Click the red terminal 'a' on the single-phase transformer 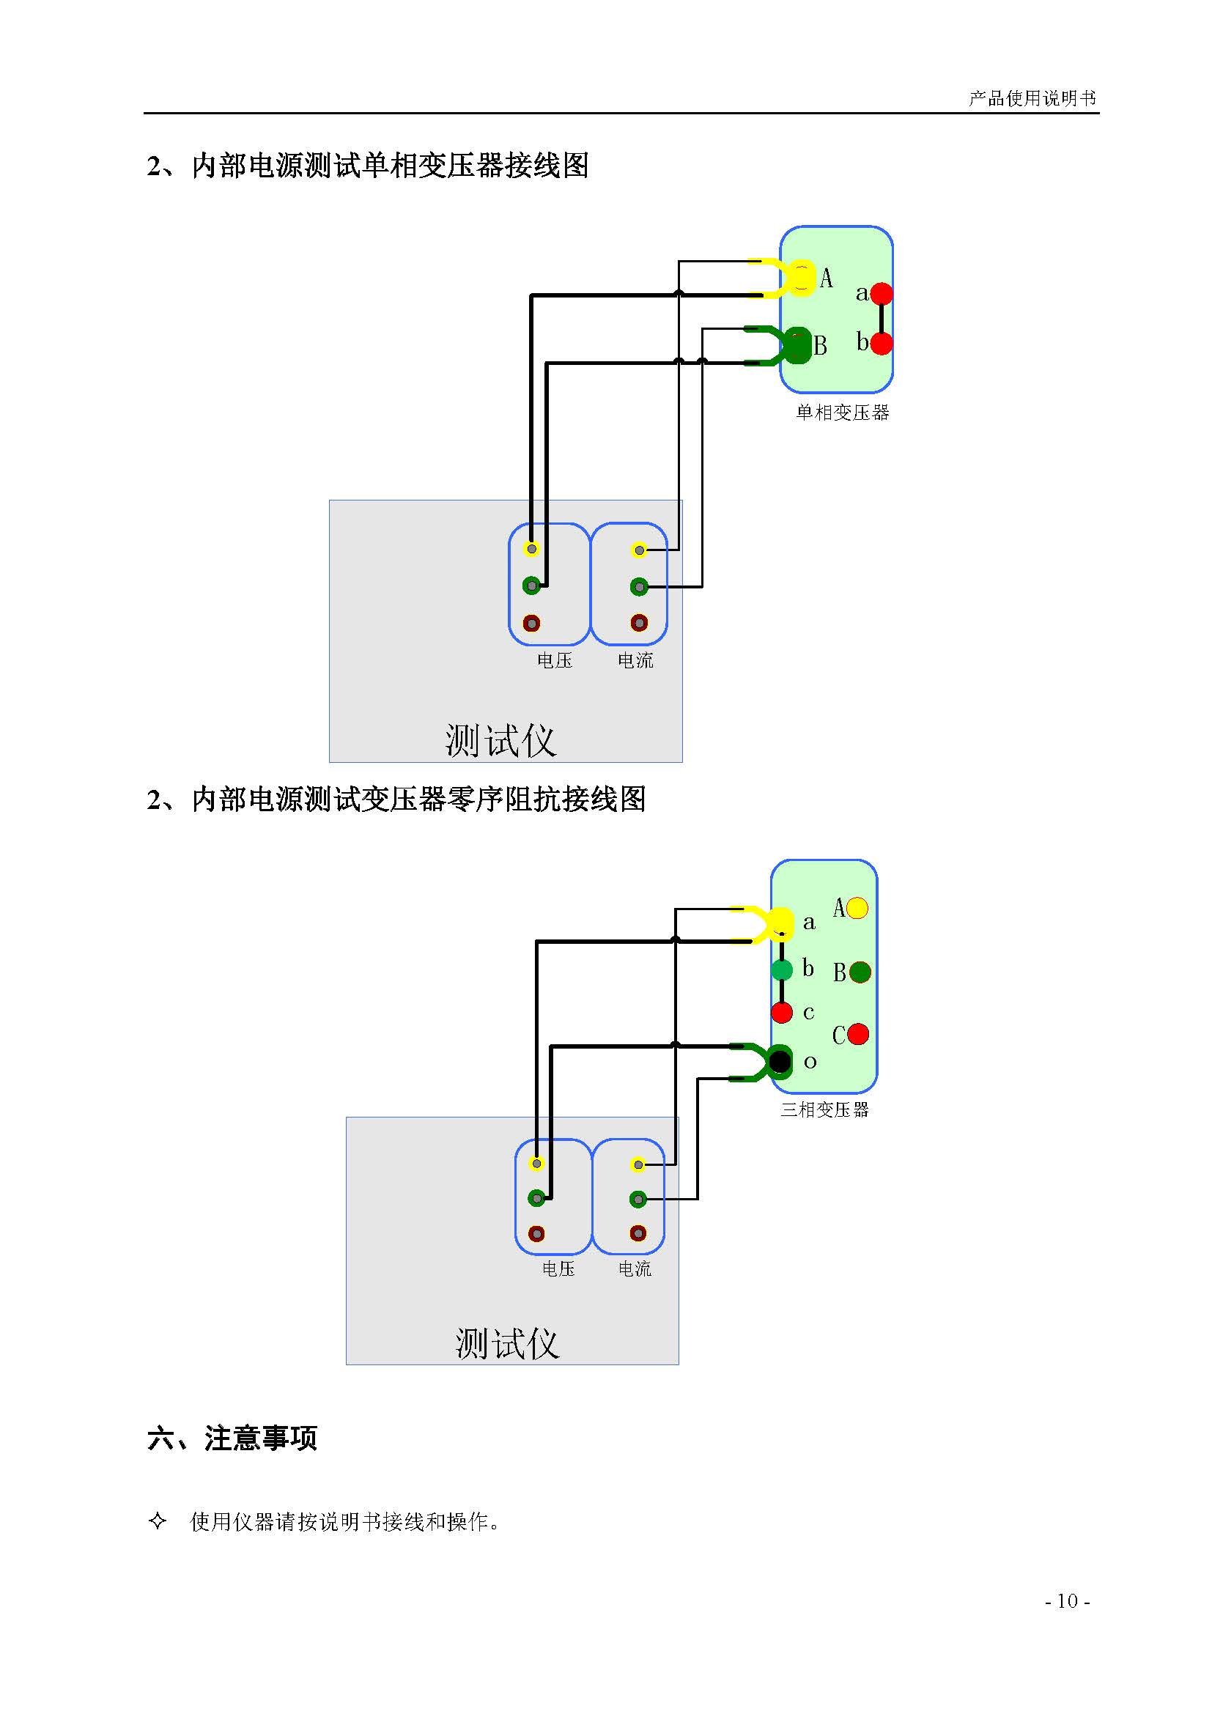pyautogui.click(x=882, y=293)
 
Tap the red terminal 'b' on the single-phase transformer pyautogui.click(x=882, y=344)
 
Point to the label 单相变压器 pyautogui.click(x=842, y=413)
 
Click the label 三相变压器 pyautogui.click(x=824, y=1110)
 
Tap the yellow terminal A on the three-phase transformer pyautogui.click(x=857, y=908)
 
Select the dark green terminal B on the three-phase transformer pyautogui.click(x=860, y=972)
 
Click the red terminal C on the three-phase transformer pyautogui.click(x=858, y=1034)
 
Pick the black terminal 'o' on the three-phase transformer pyautogui.click(x=780, y=1060)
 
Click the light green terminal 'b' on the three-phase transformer pyautogui.click(x=781, y=970)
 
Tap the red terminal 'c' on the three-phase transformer pyautogui.click(x=781, y=1013)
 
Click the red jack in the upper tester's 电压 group pyautogui.click(x=531, y=623)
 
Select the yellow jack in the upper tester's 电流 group pyautogui.click(x=639, y=550)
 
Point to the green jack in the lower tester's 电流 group pyautogui.click(x=638, y=1200)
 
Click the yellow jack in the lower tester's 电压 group pyautogui.click(x=536, y=1164)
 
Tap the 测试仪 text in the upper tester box pyautogui.click(x=500, y=741)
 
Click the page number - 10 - pyautogui.click(x=1067, y=1601)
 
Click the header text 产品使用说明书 pyautogui.click(x=1032, y=97)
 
